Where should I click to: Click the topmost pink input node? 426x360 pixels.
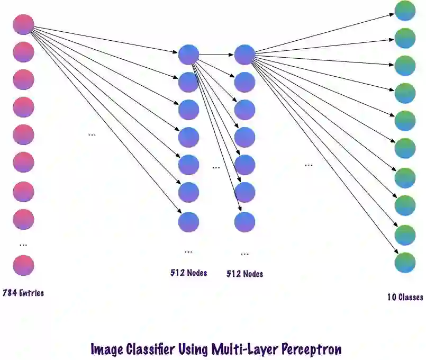point(23,24)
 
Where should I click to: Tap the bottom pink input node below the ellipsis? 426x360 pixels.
point(23,265)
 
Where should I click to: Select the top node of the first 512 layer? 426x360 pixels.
point(188,55)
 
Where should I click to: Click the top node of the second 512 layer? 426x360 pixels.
point(244,55)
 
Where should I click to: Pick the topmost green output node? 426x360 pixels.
point(405,11)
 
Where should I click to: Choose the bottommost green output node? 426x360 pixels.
point(405,263)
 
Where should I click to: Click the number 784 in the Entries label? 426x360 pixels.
point(10,292)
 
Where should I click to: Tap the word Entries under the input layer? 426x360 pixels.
point(31,292)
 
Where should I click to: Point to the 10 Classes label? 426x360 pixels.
point(405,297)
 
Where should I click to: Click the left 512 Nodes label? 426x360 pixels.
point(188,273)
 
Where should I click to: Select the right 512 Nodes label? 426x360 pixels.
point(244,274)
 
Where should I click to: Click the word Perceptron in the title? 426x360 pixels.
point(311,349)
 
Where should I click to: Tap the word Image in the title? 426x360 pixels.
point(107,349)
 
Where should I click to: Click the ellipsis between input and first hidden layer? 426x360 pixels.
point(92,134)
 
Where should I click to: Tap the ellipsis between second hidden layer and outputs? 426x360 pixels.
point(309,165)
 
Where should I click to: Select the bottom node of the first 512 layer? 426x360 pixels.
point(188,221)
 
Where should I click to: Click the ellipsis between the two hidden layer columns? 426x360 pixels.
point(216,167)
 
